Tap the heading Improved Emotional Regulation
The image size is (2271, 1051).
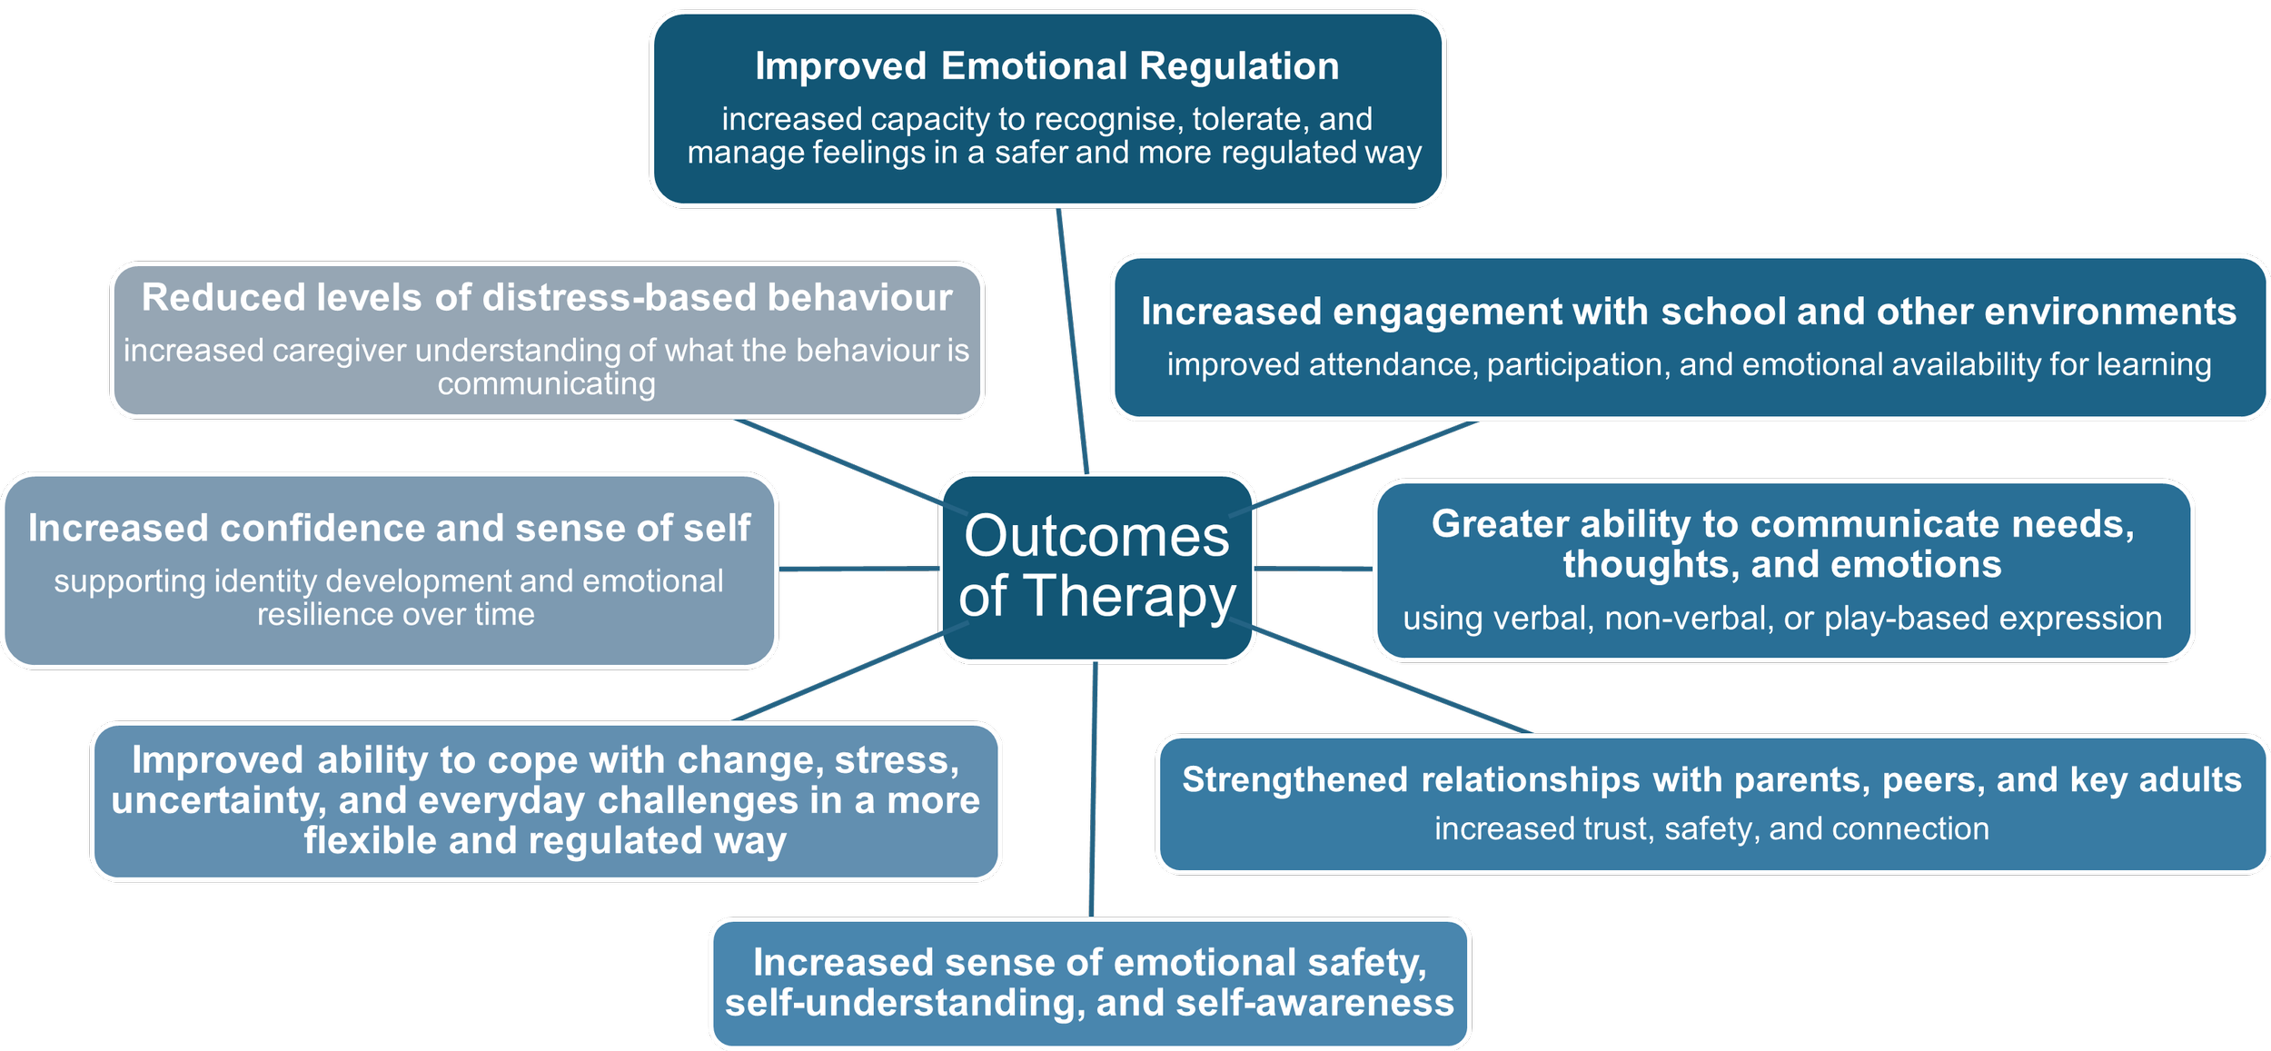click(1047, 66)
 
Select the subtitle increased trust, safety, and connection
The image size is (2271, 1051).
click(1711, 829)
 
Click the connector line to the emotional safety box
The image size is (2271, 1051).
click(1094, 790)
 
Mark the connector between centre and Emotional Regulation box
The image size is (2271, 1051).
click(1073, 341)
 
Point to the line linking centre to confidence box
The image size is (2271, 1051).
click(858, 569)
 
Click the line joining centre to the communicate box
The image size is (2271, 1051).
click(1314, 569)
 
